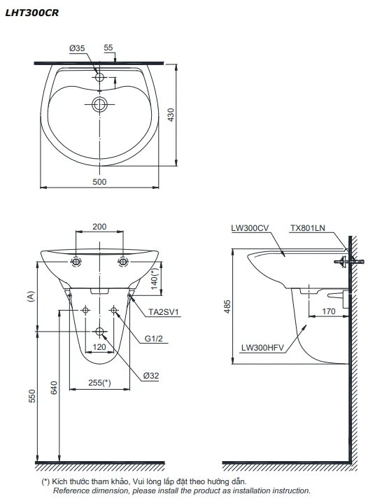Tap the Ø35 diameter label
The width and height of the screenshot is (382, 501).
pos(77,48)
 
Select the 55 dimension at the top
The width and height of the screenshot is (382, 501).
pos(108,48)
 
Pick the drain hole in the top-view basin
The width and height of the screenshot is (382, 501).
pos(101,105)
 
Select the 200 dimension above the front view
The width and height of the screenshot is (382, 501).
pos(99,227)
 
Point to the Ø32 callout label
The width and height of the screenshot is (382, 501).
pos(151,375)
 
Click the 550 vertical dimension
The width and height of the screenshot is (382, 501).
pos(30,396)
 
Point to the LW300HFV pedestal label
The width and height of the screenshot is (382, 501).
pos(263,346)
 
